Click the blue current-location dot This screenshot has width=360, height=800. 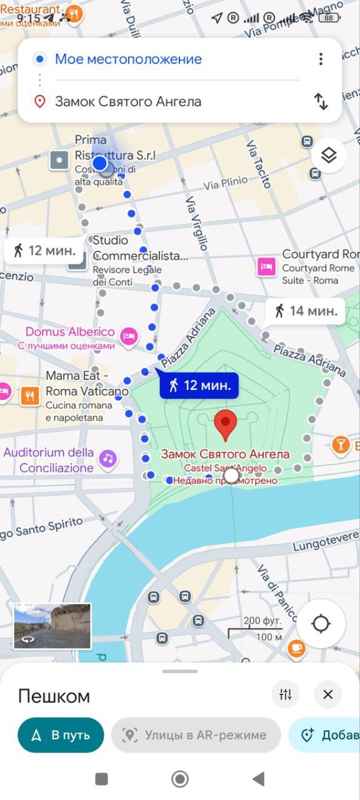pos(100,163)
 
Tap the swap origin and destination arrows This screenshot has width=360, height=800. pos(321,101)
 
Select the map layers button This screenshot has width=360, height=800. pos(328,156)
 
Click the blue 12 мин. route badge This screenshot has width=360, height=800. pos(199,385)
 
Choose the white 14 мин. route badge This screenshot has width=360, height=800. pos(305,310)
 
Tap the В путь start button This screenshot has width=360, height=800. pos(61,735)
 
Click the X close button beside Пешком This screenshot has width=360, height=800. pos(327,695)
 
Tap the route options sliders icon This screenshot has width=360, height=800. pos(286,695)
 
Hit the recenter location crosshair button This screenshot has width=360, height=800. pos(321,624)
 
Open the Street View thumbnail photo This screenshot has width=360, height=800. pos(52,626)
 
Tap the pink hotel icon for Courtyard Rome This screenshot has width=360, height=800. pos(267,267)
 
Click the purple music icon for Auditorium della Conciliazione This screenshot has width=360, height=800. pos(107,458)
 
